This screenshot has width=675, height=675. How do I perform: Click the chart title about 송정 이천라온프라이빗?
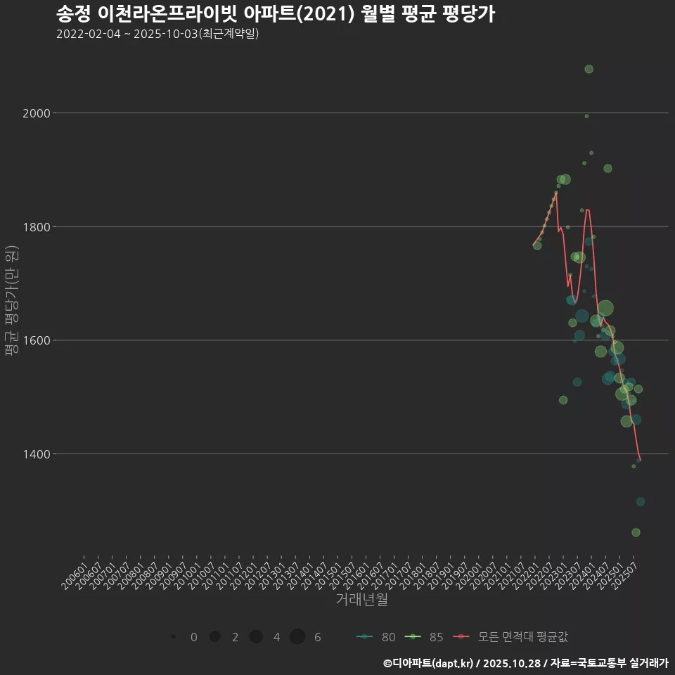(275, 14)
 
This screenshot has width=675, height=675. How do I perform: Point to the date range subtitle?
(157, 34)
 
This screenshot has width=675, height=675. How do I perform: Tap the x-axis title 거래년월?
(361, 600)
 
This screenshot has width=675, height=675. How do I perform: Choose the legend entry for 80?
(376, 637)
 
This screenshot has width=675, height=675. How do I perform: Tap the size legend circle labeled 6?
(297, 637)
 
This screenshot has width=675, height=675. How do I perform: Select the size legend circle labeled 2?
(215, 637)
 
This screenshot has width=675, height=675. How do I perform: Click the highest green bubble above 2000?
(589, 69)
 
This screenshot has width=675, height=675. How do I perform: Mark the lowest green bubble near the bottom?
(636, 532)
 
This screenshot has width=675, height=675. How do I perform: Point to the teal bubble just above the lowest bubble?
(641, 501)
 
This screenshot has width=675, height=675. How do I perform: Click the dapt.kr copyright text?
(526, 663)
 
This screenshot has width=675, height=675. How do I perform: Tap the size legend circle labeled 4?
(256, 637)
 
